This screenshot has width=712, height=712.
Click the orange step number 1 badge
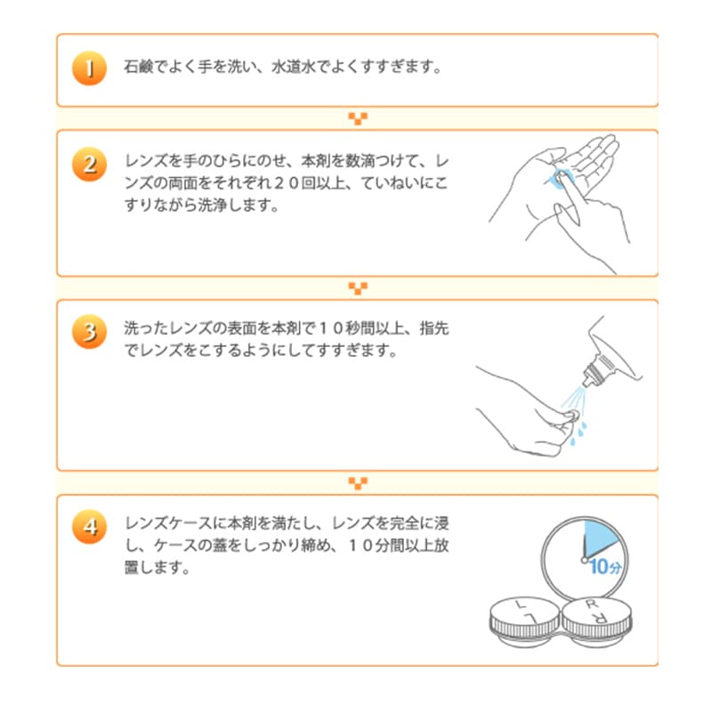click(x=89, y=69)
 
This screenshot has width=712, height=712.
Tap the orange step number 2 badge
click(x=89, y=165)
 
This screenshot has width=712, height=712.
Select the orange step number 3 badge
click(x=89, y=332)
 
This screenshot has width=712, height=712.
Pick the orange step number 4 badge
click(x=89, y=526)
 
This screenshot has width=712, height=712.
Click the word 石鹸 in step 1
click(x=138, y=69)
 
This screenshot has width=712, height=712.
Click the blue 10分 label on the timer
click(x=604, y=566)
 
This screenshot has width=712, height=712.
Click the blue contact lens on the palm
click(x=561, y=174)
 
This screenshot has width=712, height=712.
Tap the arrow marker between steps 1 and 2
click(x=358, y=119)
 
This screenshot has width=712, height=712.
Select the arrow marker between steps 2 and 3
click(x=358, y=288)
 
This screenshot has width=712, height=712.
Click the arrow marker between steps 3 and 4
click(x=358, y=483)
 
